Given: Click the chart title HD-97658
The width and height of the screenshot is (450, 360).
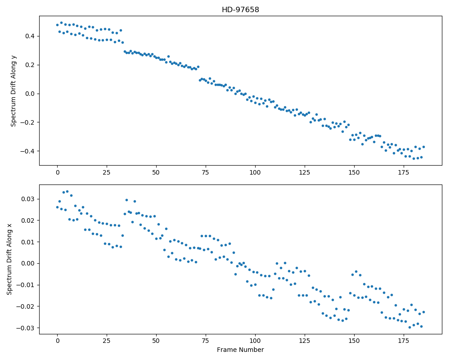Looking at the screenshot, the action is pos(240,10).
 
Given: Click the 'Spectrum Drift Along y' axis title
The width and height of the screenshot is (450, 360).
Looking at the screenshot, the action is pos(13,91).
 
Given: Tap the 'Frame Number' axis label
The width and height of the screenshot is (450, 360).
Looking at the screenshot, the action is pos(240,350).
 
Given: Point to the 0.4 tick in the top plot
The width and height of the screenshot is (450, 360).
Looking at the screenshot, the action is pos(30,36).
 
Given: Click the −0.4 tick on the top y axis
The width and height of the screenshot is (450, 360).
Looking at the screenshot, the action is pos(27,151).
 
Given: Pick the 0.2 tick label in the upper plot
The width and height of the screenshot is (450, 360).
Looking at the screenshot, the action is pos(30,65).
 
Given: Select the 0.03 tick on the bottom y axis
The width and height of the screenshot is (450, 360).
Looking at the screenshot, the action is pos(28,199).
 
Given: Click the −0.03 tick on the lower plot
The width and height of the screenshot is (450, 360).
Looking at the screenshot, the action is pos(26,328).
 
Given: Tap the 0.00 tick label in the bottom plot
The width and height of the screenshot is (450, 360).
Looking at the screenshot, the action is pos(28,264).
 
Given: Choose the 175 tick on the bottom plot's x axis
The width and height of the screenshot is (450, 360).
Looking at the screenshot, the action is pos(404,341).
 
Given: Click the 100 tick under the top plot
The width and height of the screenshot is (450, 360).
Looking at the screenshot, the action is pos(255,172).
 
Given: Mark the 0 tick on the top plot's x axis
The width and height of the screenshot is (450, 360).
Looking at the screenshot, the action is pos(58,172).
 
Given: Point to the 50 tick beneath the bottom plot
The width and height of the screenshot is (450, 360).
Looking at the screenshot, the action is pos(156,341).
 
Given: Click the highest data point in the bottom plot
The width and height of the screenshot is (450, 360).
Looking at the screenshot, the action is pos(67,192).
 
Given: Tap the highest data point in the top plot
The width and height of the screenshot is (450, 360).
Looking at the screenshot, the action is pos(61,22).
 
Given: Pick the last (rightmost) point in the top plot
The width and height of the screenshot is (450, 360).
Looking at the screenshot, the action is pos(423,147).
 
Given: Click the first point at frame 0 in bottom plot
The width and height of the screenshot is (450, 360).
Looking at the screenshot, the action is pos(58,207).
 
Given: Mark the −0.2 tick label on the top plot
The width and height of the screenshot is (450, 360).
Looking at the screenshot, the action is pos(27,122).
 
